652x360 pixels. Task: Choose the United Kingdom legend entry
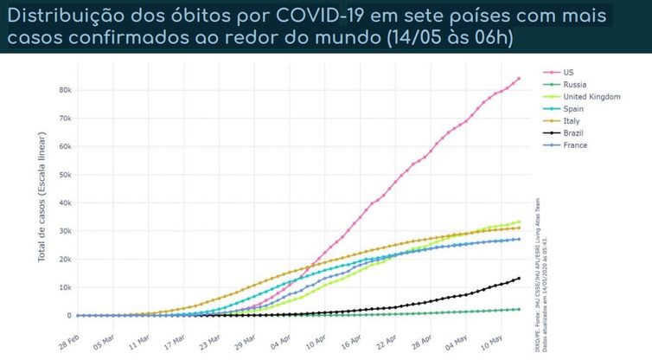(x=592, y=96)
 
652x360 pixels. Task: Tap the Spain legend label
(x=573, y=108)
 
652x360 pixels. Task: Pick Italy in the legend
(x=571, y=120)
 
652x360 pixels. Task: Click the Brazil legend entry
(x=573, y=132)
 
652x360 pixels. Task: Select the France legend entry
(x=575, y=145)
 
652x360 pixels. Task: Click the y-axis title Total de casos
(x=42, y=203)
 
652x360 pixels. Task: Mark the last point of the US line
(x=519, y=79)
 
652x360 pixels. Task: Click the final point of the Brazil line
(x=519, y=279)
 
